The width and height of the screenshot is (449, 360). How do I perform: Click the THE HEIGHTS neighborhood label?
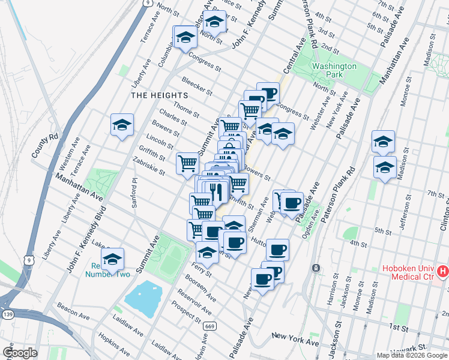point(160,95)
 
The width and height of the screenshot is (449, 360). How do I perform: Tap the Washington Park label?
point(334,70)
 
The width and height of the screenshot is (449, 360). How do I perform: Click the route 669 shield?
point(208,308)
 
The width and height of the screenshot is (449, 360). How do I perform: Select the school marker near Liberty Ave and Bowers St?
point(122,125)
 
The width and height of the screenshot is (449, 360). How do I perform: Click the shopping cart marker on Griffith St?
point(187,162)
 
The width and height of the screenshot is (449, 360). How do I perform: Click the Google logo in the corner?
point(20,352)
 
